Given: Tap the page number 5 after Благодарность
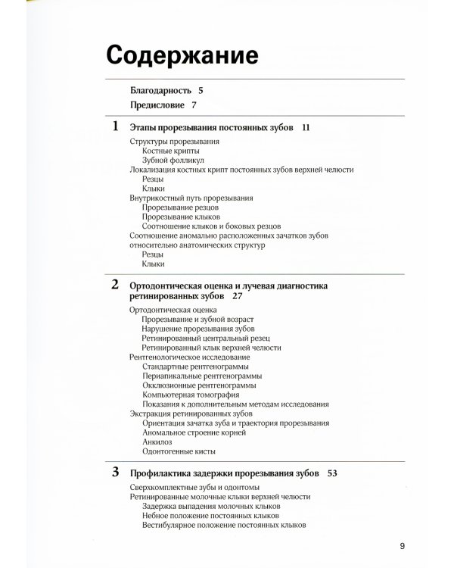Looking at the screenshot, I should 201,90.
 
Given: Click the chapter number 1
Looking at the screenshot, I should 115,126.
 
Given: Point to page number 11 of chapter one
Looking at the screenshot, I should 306,128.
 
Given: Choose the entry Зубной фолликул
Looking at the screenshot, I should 173,161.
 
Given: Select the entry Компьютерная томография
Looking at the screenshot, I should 191,395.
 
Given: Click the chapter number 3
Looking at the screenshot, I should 115,472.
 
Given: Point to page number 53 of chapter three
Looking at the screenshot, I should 332,473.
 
